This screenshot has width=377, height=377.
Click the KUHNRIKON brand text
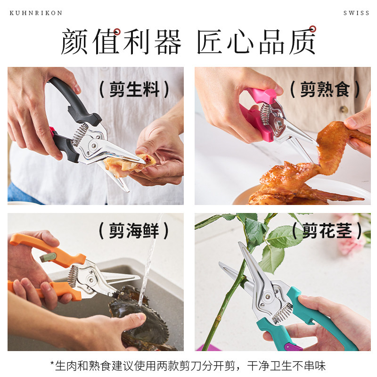[x=36, y=13]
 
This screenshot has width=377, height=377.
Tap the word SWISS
[x=356, y=13]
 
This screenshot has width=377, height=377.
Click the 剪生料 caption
[x=134, y=89]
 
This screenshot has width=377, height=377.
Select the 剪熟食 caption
[x=325, y=89]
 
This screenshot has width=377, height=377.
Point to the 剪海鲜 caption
[x=134, y=230]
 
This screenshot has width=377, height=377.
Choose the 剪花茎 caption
[x=327, y=230]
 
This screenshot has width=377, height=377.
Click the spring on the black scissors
[x=80, y=134]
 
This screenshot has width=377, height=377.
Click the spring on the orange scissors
[x=73, y=276]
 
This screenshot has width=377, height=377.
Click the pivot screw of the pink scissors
[x=279, y=124]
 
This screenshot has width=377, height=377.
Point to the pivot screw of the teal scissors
[x=267, y=297]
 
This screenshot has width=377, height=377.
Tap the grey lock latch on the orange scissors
[x=48, y=257]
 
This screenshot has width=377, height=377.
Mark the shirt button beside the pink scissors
[x=344, y=110]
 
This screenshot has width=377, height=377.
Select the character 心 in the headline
[x=240, y=41]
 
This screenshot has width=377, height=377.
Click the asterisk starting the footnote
[x=52, y=363]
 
